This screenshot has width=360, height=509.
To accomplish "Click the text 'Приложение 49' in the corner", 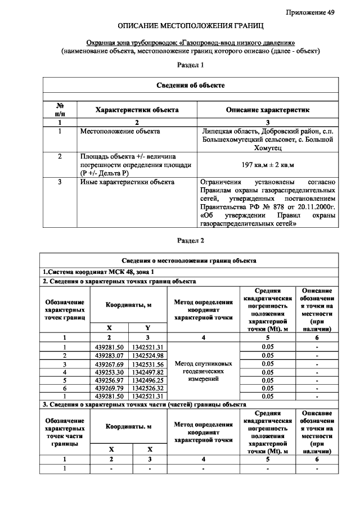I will click(310, 12).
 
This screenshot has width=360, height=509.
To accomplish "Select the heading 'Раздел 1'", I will click(190, 65).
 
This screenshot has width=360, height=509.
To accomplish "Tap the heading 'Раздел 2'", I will click(190, 241).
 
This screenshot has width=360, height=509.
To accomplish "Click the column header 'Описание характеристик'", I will click(267, 110).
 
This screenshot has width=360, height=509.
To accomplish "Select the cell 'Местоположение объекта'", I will click(120, 132).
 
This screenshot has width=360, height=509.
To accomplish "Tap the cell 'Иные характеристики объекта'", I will click(127, 182).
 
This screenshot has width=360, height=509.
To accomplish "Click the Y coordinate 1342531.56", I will click(148, 364).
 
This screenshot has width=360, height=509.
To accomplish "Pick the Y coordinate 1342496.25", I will click(148, 380).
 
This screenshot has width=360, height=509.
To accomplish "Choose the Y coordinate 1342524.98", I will click(148, 355).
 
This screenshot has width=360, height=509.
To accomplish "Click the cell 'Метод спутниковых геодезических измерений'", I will click(203, 372).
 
